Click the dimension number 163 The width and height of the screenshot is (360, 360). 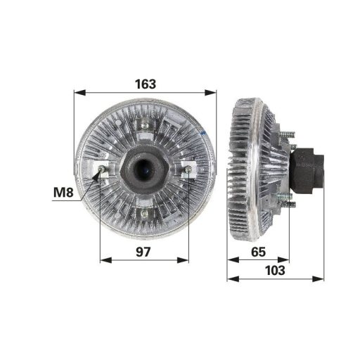tap(144, 84)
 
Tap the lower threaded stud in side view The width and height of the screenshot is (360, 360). tap(288, 203)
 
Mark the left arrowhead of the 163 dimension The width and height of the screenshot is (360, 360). tap(77, 92)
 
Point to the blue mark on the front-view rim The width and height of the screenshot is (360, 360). tap(202, 133)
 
